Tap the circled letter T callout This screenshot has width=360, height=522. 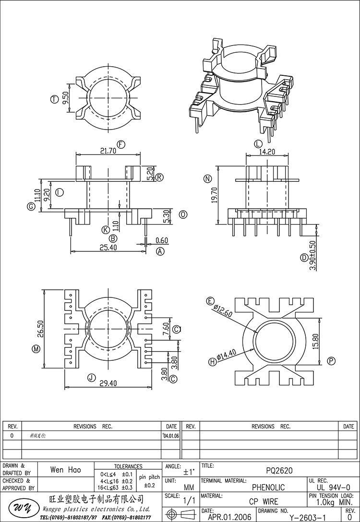[x=54, y=99]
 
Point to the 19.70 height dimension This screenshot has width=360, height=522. [x=215, y=195]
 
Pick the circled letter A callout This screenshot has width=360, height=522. [x=161, y=251]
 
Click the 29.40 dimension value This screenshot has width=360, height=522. [x=108, y=383]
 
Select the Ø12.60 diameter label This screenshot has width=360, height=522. [x=223, y=310]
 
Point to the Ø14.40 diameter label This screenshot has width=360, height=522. [x=225, y=356]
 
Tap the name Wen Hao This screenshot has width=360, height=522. [x=66, y=470]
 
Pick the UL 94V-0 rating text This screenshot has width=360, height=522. [x=331, y=487]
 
